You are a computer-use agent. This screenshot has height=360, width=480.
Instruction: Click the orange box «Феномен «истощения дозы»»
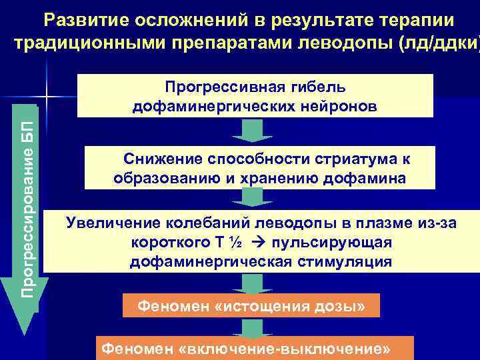(251, 306)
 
